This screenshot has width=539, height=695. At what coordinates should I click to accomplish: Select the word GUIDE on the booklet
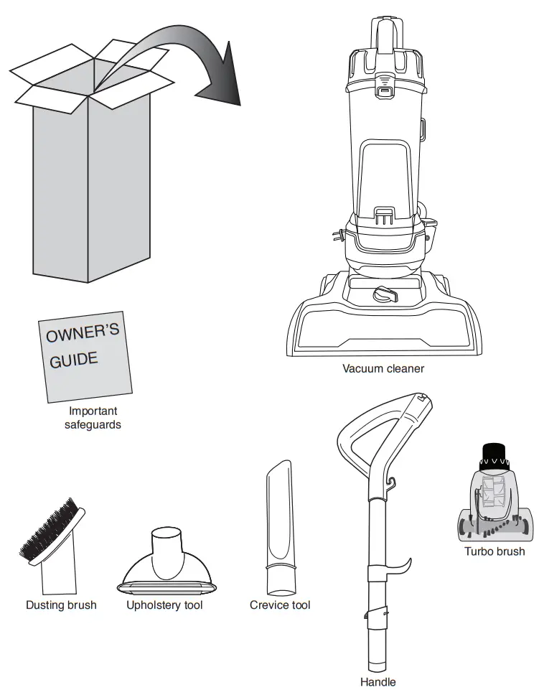(x=73, y=359)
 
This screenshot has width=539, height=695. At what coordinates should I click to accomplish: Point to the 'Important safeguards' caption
(x=93, y=418)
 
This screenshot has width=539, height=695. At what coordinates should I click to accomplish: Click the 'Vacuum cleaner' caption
(x=383, y=369)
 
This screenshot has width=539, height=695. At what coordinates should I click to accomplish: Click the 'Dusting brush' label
(x=61, y=605)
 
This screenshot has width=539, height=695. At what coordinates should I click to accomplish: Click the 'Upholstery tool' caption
(x=164, y=605)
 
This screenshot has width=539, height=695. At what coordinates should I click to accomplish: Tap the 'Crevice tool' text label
(x=280, y=605)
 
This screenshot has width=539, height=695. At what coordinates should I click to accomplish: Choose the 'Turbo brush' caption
(x=495, y=551)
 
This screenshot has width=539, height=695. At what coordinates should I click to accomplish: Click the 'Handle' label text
(x=378, y=682)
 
